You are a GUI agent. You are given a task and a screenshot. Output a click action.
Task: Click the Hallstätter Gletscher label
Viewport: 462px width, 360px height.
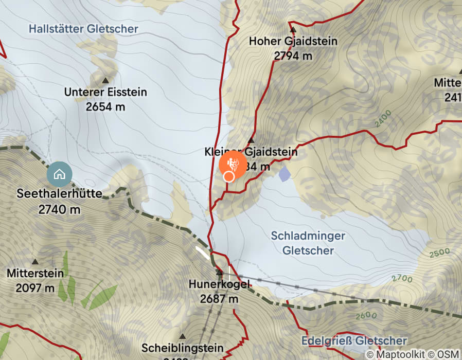coord(83,29)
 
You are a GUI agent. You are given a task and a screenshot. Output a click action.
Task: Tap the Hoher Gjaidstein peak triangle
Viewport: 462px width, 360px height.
coord(291,29)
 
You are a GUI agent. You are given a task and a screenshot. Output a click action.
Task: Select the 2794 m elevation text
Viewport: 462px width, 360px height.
coord(293,56)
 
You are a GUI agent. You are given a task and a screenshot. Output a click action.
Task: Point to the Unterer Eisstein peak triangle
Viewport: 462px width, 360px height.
coord(105,80)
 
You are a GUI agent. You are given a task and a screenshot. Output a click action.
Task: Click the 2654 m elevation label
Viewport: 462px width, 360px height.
coord(105,106)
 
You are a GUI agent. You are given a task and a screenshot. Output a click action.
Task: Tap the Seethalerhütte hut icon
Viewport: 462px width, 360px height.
coord(59,174)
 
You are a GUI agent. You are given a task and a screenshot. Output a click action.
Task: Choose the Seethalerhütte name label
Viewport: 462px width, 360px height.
coord(59,195)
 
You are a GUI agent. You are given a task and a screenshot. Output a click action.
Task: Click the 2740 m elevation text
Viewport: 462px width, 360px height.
coord(59,209)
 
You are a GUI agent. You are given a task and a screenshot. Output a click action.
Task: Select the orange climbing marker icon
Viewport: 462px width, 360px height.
coord(233,164)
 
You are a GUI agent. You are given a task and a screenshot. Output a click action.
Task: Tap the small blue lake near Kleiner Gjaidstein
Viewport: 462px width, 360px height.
coord(285,174)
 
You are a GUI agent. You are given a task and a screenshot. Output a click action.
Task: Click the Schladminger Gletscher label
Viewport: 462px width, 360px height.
coord(308,243)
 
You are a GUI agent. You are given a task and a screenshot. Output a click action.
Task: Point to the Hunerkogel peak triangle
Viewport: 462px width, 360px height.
coord(219,272)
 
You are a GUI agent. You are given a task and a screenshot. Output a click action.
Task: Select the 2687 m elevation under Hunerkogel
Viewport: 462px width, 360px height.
coord(219,299)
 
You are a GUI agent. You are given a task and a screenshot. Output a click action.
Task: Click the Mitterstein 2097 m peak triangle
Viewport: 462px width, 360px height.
coord(35,262)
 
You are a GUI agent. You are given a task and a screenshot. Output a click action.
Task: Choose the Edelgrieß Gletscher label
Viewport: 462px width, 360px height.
coord(354,340)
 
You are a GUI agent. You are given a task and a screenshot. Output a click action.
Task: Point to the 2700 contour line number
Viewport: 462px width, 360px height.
coord(402,279)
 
